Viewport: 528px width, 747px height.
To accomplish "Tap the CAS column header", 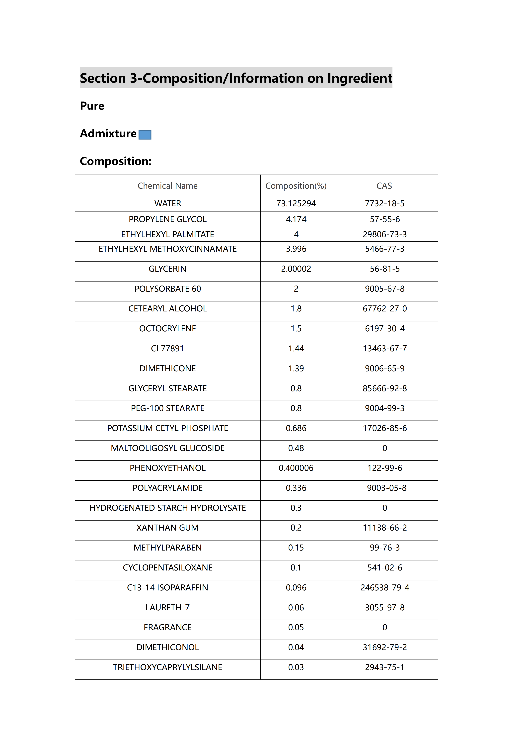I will click(x=384, y=186).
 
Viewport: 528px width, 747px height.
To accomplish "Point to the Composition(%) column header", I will click(x=296, y=186).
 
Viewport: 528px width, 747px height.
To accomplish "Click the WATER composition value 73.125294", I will click(x=296, y=204).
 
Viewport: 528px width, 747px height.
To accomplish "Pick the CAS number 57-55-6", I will click(x=385, y=219).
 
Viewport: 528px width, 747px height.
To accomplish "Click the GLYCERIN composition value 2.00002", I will click(x=296, y=269).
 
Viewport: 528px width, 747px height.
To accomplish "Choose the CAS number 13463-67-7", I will click(x=385, y=349).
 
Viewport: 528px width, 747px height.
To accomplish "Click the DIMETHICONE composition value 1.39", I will click(x=296, y=369).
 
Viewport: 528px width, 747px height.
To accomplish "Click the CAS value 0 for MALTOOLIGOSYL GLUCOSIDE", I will click(x=385, y=448).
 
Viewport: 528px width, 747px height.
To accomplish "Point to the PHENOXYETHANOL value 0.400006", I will click(x=296, y=468).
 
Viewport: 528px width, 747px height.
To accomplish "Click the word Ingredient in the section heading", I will click(x=360, y=78).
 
